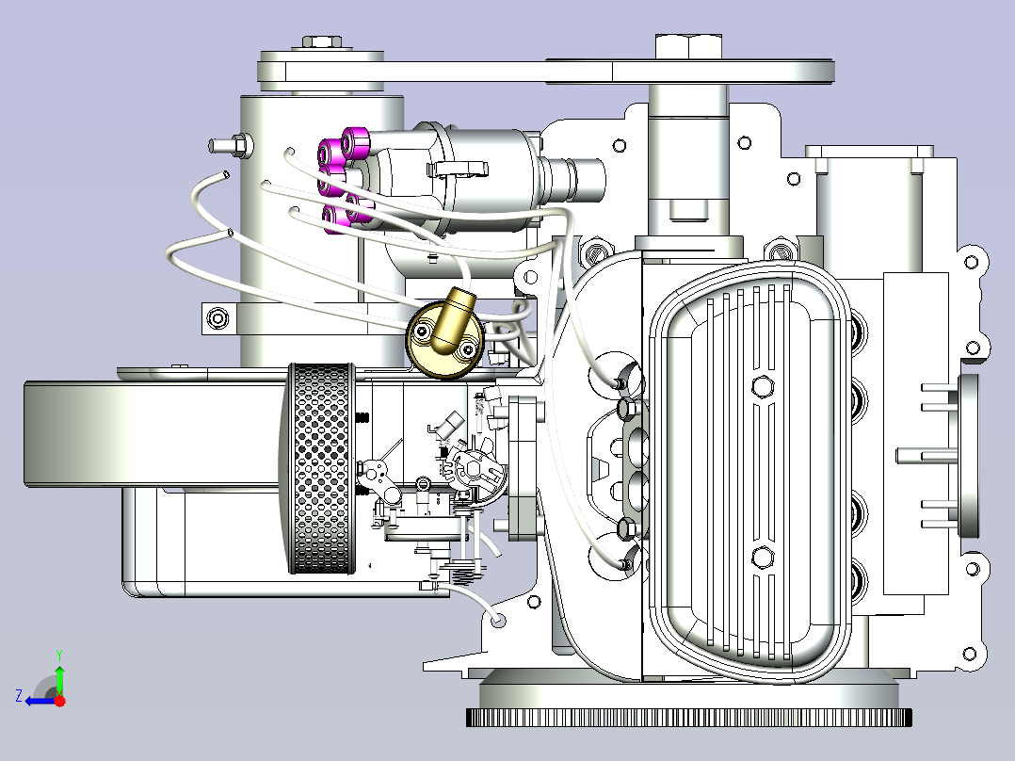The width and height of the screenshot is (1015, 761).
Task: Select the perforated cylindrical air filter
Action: click(x=321, y=468)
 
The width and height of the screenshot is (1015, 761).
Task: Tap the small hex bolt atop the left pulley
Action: click(x=322, y=42)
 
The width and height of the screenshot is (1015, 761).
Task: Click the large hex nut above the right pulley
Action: click(x=688, y=47)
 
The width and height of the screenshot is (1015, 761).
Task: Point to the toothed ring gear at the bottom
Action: click(x=689, y=717)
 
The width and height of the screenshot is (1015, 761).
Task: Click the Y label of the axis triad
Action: click(x=59, y=655)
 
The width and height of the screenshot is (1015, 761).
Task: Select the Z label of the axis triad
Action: click(x=19, y=696)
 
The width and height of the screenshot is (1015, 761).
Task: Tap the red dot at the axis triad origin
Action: click(x=59, y=701)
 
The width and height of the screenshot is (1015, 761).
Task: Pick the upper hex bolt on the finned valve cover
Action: click(x=763, y=387)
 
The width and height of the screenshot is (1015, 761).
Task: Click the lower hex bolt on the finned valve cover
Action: click(x=762, y=557)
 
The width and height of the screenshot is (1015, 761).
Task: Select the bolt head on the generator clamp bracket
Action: click(x=217, y=318)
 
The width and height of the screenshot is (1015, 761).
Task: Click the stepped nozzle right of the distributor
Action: click(x=572, y=181)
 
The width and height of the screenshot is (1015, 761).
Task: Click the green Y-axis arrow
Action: click(x=59, y=679)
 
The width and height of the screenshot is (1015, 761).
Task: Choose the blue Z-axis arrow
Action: click(x=40, y=702)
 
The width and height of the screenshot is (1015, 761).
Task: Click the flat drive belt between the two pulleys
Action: click(x=546, y=72)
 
